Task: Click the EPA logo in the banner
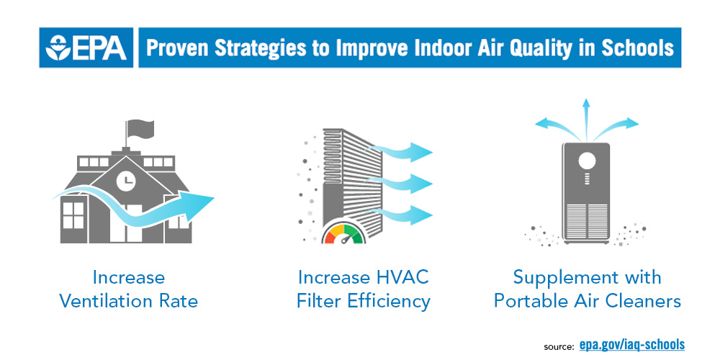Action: click(86, 48)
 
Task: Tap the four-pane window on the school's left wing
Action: click(73, 215)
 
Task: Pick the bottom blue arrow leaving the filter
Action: click(399, 215)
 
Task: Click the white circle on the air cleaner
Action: click(587, 161)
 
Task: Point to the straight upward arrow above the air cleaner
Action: click(586, 119)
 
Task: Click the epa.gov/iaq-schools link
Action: click(632, 344)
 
